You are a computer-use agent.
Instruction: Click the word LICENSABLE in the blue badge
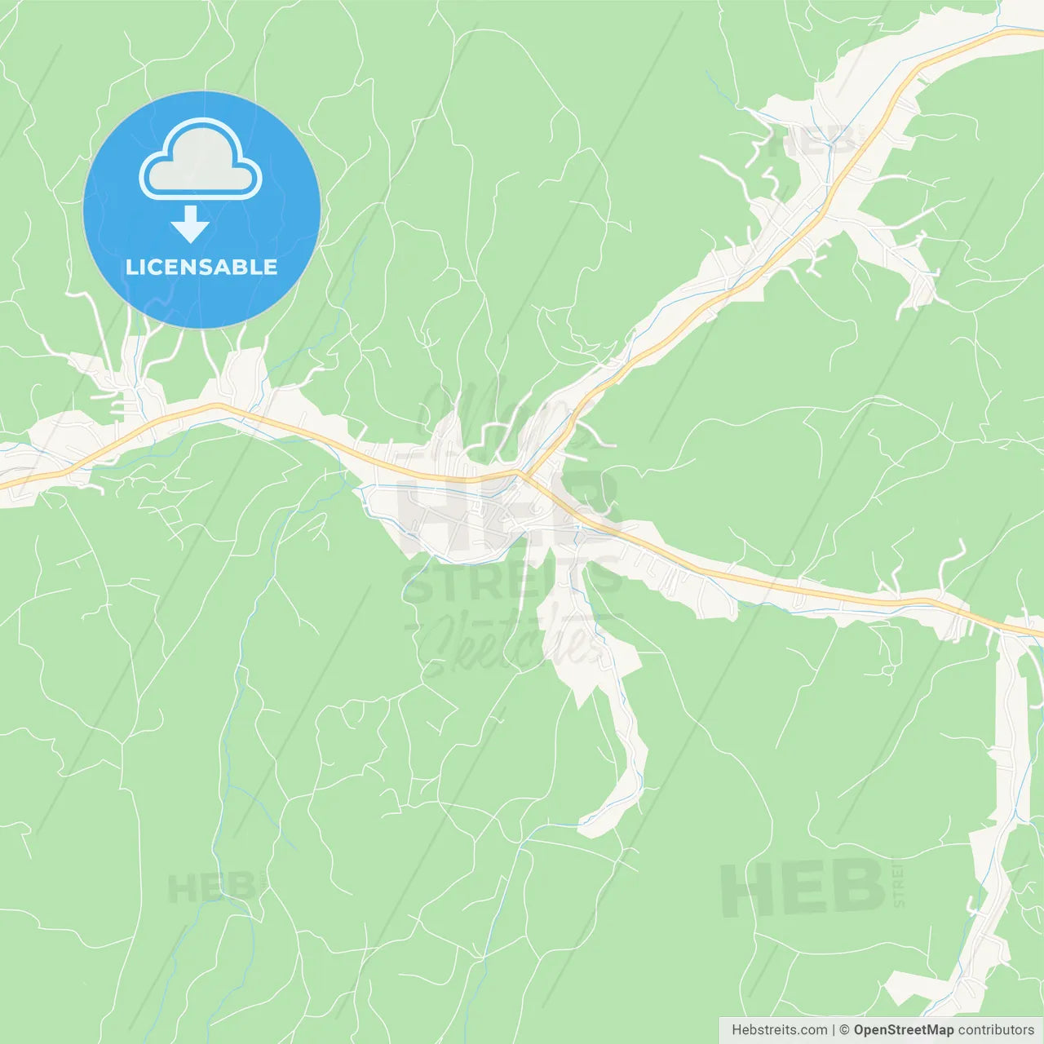tap(201, 268)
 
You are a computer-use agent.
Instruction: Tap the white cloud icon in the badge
tap(201, 161)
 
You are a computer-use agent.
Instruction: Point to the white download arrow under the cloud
tap(190, 224)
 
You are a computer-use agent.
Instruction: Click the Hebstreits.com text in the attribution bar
tap(779, 1030)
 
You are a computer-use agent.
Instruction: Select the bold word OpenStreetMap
tap(903, 1030)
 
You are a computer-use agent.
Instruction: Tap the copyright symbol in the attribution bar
tap(844, 1030)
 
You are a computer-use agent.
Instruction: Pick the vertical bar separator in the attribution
tap(834, 1030)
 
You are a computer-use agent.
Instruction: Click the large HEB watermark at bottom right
tap(803, 887)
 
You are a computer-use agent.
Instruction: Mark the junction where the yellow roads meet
tap(520, 472)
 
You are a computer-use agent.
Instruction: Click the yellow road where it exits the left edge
tap(3, 486)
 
